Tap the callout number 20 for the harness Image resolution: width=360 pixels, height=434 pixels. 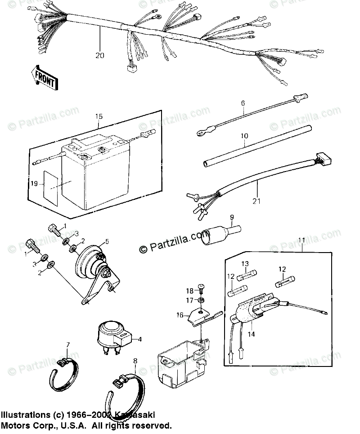coord(99,56)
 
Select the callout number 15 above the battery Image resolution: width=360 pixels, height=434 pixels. coord(99,117)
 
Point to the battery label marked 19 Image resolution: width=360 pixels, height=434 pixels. coord(51,184)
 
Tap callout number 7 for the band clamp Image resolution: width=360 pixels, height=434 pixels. coord(68,345)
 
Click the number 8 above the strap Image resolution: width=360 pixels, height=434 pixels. coord(135,361)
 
